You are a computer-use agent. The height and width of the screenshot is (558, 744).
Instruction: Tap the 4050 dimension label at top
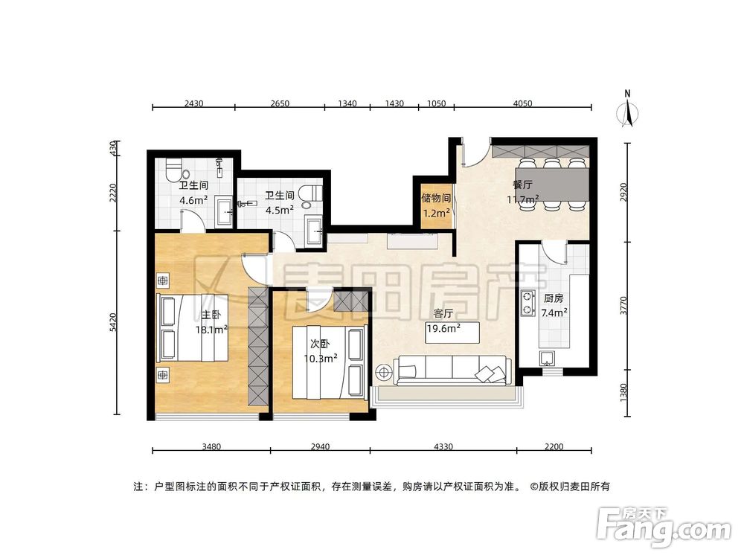pos(523,103)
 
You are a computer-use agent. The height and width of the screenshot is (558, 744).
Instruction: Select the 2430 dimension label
pos(193,103)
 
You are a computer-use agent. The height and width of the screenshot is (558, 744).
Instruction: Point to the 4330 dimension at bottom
pos(443,446)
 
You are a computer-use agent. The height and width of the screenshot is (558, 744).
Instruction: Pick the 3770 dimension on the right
pos(624,305)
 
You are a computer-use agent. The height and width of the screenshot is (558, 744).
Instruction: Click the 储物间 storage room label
pos(436,199)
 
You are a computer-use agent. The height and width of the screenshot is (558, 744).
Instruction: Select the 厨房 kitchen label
pos(552,298)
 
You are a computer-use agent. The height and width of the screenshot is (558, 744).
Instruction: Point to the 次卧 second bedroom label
pos(320,344)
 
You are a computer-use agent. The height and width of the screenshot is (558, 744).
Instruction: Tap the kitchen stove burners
pos(528,301)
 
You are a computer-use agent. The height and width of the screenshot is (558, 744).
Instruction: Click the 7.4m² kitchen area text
pos(555,312)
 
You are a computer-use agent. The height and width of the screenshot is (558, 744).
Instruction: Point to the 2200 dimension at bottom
pos(554,446)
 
